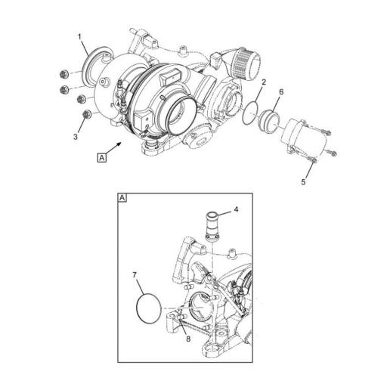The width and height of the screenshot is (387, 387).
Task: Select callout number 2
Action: point(262,81)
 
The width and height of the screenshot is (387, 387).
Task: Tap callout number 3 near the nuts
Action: point(76,137)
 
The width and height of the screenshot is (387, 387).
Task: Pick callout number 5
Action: point(303,182)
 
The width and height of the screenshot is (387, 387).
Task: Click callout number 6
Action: point(280,92)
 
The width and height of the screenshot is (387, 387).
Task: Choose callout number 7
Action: point(134,274)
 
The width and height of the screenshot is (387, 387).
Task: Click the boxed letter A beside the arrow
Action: point(101,156)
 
